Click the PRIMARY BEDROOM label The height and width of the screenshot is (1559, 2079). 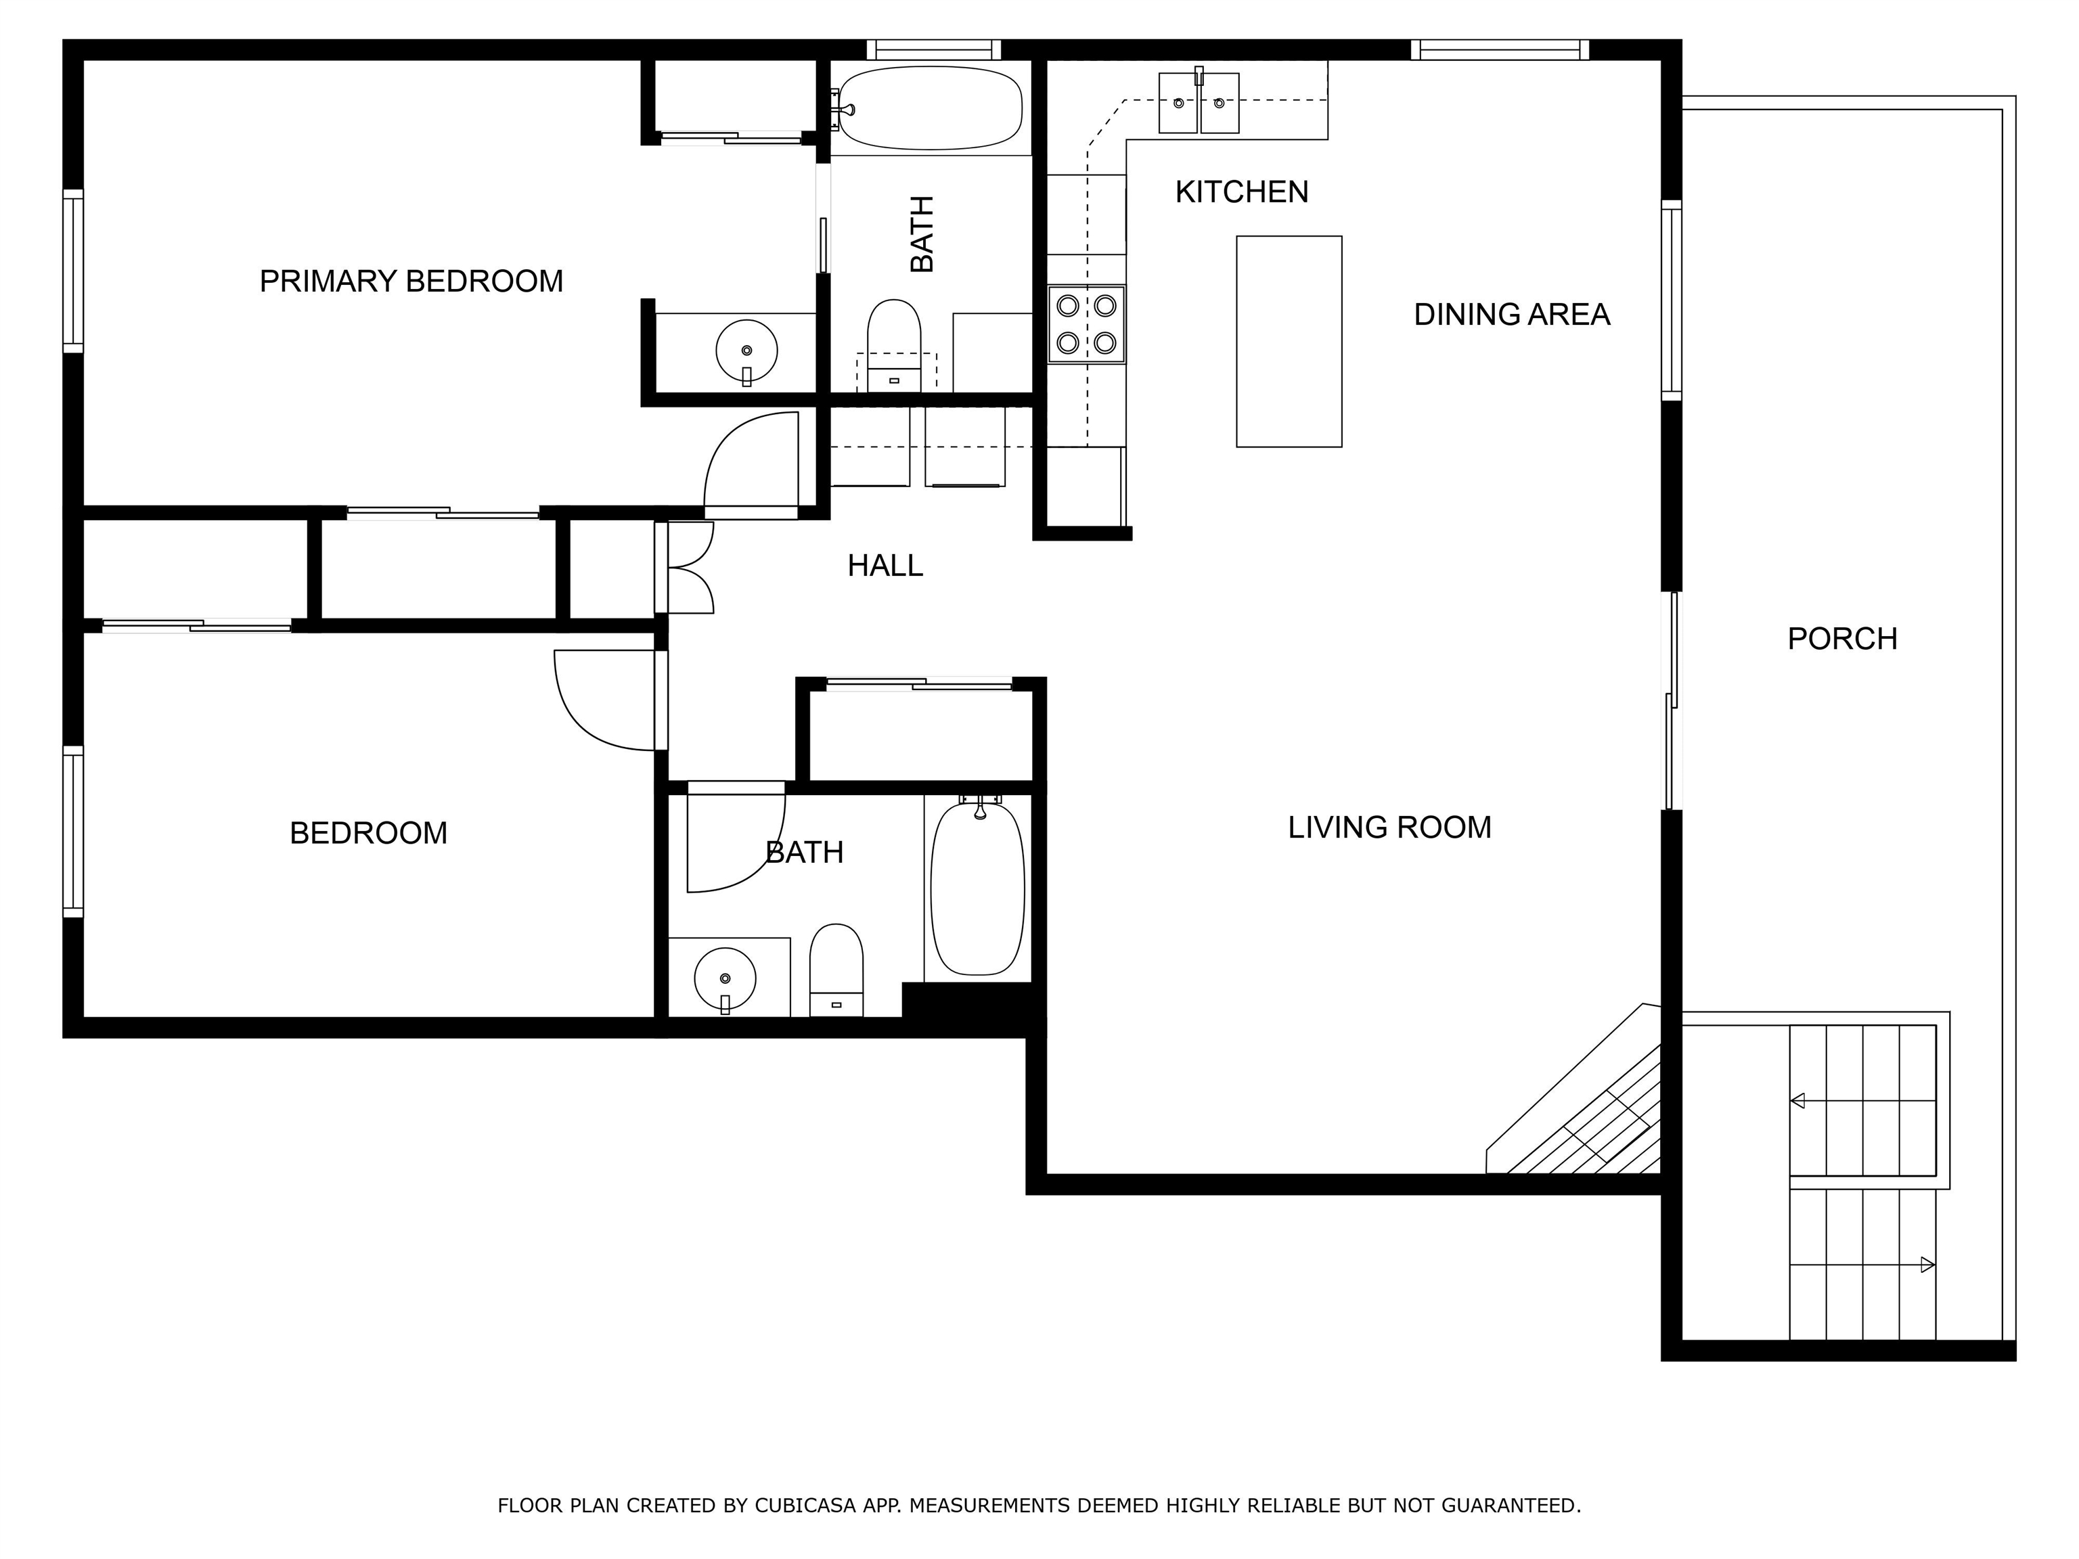(411, 281)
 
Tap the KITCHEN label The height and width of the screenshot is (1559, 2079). (1242, 191)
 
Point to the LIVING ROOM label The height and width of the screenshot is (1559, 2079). (1389, 827)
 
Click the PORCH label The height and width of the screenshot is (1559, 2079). (1842, 639)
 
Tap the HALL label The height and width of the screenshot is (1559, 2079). (885, 566)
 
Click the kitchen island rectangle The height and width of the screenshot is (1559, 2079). (1289, 341)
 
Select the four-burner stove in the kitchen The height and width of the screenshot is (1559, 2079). (1086, 324)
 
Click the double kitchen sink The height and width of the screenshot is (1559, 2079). (1199, 101)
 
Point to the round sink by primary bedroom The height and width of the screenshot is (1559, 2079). (746, 351)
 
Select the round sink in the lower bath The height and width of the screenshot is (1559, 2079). (725, 979)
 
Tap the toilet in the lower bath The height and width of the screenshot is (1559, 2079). (836, 969)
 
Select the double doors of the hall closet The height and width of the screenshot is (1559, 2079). (685, 568)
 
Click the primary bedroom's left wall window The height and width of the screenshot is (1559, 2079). (73, 271)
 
